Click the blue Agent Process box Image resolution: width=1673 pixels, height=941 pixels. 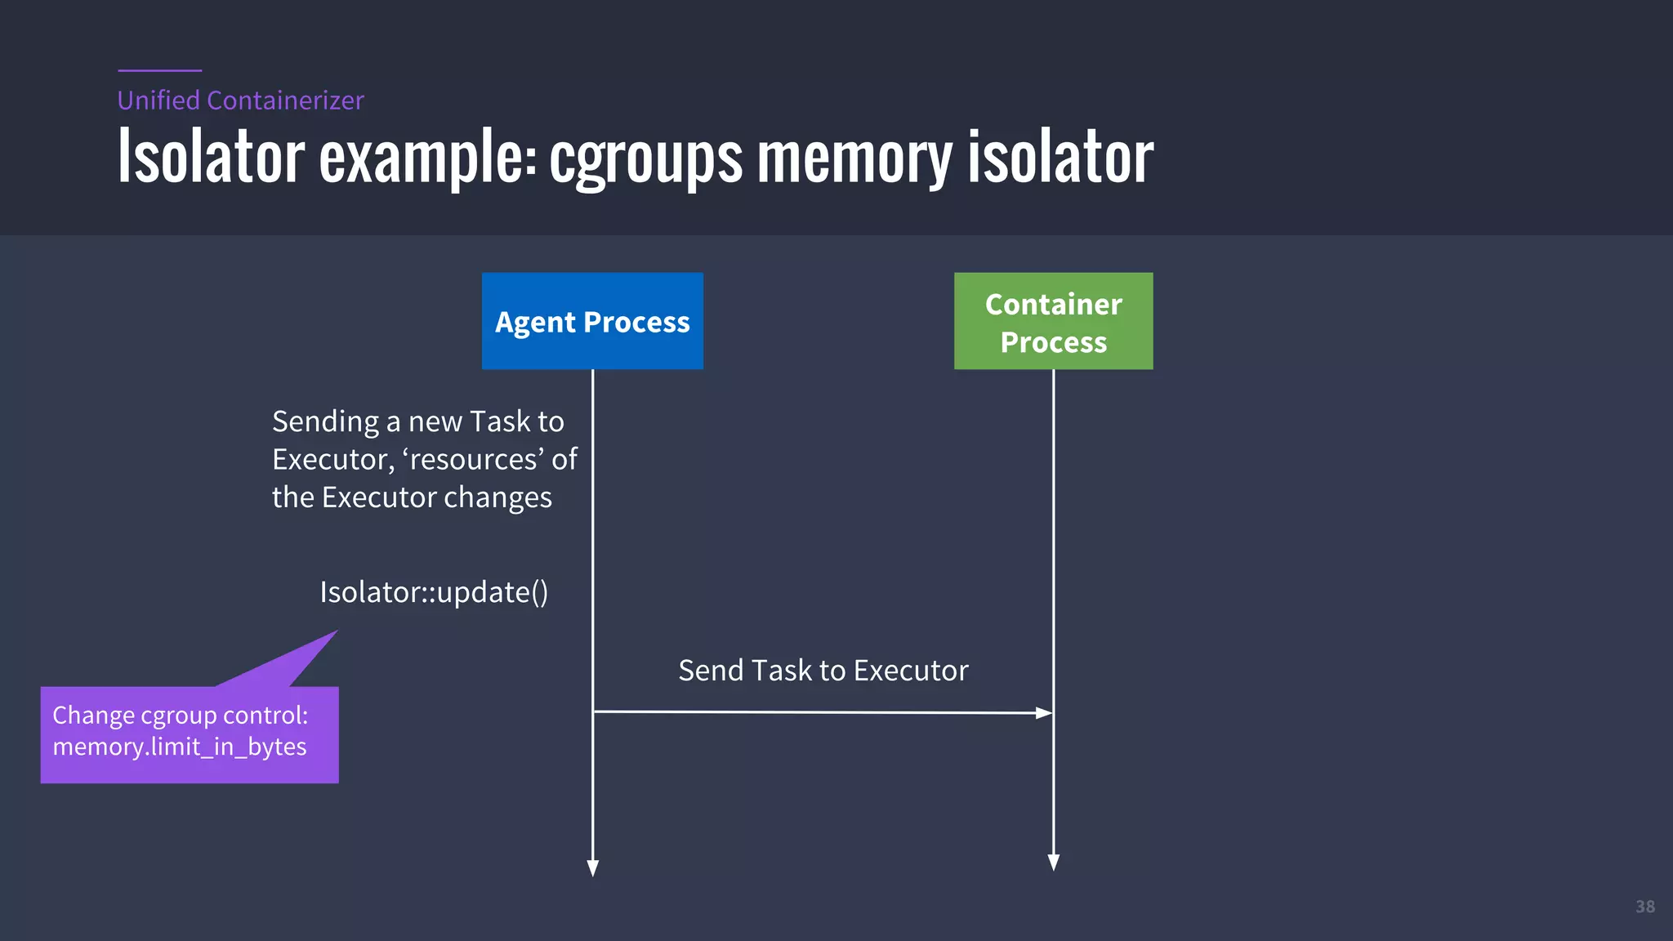coord(592,321)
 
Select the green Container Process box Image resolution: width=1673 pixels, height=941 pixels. coord(1053,321)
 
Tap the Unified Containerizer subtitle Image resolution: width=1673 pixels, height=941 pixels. coord(240,100)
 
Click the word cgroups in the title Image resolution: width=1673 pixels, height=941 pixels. coord(645,158)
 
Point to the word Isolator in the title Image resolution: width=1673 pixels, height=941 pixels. coord(211,158)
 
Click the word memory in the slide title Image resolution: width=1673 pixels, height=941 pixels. coord(854,158)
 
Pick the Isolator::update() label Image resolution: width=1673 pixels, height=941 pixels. coord(434,592)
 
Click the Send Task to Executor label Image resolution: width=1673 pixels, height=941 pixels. coord(823,671)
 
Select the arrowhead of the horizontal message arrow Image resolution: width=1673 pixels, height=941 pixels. coord(1044,713)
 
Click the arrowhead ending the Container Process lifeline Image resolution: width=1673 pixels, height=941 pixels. coord(1054,863)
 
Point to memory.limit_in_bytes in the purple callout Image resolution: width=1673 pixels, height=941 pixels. coord(180,747)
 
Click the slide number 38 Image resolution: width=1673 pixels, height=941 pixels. coord(1644,907)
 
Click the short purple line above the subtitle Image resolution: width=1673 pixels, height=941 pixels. coord(159,70)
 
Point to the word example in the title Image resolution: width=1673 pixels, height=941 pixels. coord(426,158)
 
